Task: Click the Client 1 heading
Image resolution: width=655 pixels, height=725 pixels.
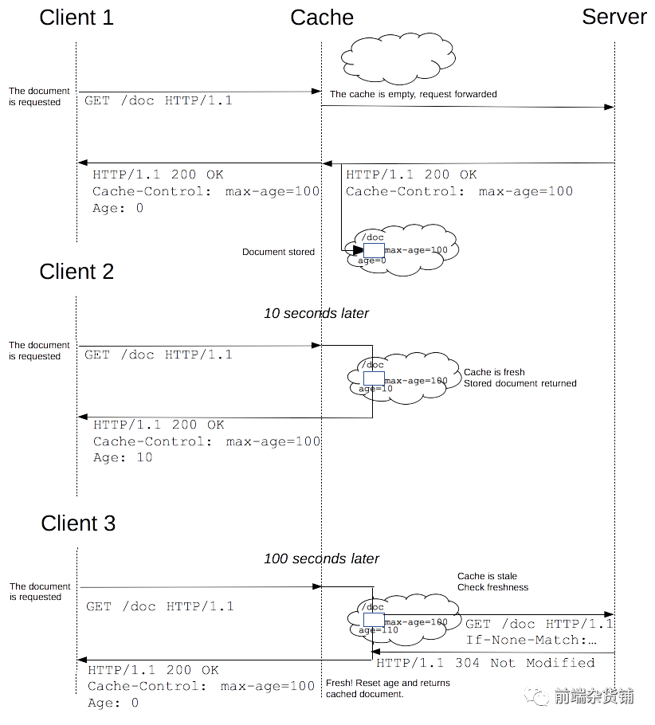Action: [x=76, y=18]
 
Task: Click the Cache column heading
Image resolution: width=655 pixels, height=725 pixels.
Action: [x=321, y=18]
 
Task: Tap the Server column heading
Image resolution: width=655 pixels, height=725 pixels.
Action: [x=614, y=18]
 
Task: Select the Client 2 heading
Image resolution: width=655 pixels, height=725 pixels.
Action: [x=76, y=272]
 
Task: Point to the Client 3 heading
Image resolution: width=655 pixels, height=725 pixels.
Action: [x=78, y=523]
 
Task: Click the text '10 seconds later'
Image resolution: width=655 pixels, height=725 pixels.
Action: [x=316, y=313]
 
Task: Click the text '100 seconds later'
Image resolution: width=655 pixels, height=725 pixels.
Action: [x=321, y=558]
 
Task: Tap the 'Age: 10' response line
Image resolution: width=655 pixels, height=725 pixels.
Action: [x=122, y=458]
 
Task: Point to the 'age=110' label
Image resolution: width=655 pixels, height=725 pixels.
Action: [x=378, y=630]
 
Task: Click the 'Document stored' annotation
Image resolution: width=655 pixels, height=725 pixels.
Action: [x=278, y=252]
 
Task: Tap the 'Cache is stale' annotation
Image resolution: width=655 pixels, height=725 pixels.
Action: [x=487, y=576]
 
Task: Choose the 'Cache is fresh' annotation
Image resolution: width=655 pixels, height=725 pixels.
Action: [x=494, y=372]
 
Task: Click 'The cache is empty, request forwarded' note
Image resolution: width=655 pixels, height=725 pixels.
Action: [x=413, y=94]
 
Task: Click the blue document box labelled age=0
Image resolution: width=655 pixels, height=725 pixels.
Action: [x=374, y=250]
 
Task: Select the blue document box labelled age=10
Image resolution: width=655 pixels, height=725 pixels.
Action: [x=374, y=379]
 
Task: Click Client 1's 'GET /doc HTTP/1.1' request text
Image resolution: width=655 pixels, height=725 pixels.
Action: [x=158, y=102]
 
